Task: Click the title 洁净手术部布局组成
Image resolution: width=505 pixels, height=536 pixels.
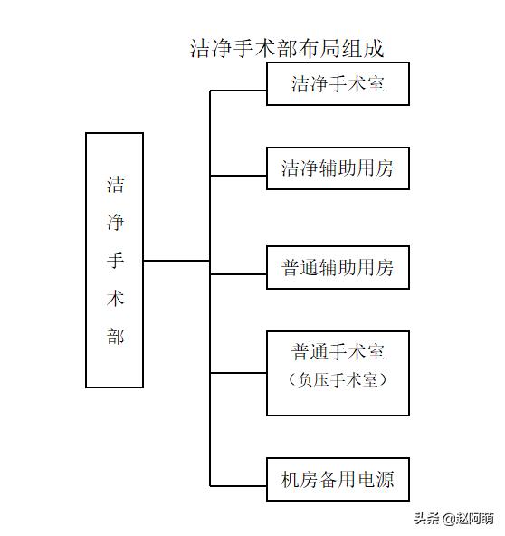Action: click(x=287, y=48)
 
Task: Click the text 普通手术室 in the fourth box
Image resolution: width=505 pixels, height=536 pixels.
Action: click(x=338, y=352)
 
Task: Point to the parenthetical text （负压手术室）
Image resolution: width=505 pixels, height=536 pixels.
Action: click(x=338, y=379)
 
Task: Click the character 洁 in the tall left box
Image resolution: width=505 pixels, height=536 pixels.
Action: click(x=115, y=185)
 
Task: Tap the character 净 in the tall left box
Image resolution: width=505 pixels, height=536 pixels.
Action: click(x=115, y=223)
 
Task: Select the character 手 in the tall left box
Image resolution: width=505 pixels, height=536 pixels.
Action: click(x=115, y=260)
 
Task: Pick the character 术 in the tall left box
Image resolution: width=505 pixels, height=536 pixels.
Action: click(x=115, y=298)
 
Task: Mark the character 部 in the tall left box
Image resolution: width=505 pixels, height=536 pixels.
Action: click(x=115, y=336)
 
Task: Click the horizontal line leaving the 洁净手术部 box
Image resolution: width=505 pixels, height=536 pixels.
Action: click(x=176, y=261)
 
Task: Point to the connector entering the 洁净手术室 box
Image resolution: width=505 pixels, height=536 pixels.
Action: click(x=238, y=91)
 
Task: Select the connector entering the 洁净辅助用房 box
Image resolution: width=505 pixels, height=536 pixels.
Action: click(x=238, y=176)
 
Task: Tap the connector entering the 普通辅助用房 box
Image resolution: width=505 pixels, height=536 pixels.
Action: click(x=238, y=274)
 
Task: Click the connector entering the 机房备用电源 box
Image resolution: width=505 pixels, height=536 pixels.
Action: click(x=238, y=485)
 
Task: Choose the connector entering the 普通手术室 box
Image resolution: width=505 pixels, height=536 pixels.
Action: click(x=238, y=373)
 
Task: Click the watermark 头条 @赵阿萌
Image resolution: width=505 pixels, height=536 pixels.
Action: click(x=454, y=519)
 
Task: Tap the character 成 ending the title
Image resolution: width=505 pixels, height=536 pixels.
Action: click(x=374, y=48)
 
